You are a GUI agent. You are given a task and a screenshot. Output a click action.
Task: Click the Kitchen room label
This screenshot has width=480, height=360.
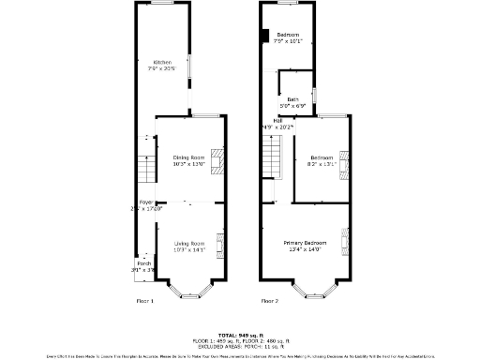coord(163,62)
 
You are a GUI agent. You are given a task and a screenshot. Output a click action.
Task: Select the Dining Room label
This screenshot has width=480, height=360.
coord(188,157)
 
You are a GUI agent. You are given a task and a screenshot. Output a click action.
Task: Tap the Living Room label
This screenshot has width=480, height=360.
coord(188,244)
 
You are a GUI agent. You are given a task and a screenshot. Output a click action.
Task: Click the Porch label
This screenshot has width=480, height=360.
coord(143,263)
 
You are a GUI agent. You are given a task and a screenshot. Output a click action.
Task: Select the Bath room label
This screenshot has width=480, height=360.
coord(293,99)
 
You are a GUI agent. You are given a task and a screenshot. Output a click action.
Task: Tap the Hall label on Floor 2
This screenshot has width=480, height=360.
coord(277,120)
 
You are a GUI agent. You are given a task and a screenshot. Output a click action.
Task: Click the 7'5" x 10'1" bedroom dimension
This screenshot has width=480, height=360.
coord(288,41)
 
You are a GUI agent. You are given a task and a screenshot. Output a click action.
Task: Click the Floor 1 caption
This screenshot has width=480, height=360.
coord(145,301)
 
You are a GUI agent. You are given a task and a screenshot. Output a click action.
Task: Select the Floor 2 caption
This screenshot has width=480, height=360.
coord(270,301)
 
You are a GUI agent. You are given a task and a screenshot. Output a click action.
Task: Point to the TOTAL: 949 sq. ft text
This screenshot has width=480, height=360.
coord(240,334)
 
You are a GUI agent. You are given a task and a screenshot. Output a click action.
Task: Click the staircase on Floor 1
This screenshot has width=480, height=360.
coord(144,168)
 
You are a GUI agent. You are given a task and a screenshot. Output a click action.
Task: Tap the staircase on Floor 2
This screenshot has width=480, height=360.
coord(271,156)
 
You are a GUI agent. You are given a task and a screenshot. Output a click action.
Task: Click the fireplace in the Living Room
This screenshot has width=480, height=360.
coord(220,245)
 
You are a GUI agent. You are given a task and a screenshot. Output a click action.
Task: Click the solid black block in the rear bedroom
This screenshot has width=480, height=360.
coord(262,37)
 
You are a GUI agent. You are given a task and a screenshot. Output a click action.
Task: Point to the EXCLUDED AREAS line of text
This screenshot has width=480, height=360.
coord(240,345)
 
